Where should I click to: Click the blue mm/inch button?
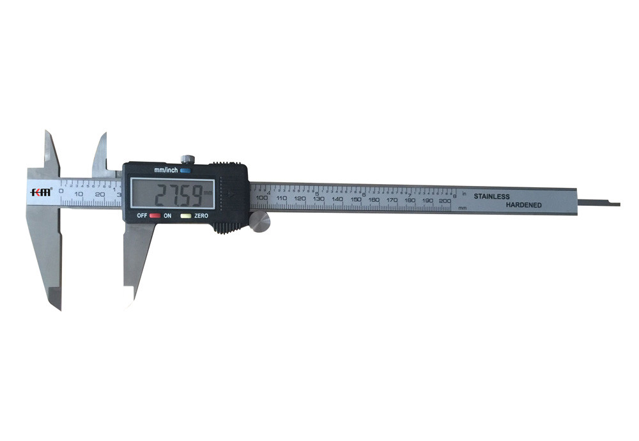pyautogui.click(x=185, y=171)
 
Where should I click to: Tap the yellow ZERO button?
pyautogui.click(x=185, y=216)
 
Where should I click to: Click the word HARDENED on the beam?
pyautogui.click(x=524, y=205)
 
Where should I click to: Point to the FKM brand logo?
pyautogui.click(x=40, y=192)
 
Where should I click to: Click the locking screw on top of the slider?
pyautogui.click(x=187, y=158)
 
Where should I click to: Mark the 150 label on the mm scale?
pyautogui.click(x=355, y=199)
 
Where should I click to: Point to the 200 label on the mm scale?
pyautogui.click(x=445, y=201)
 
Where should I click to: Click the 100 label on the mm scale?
pyautogui.click(x=261, y=198)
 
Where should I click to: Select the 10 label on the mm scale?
pyautogui.click(x=78, y=194)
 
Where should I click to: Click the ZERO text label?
pyautogui.click(x=201, y=216)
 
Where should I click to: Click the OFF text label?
pyautogui.click(x=142, y=216)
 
